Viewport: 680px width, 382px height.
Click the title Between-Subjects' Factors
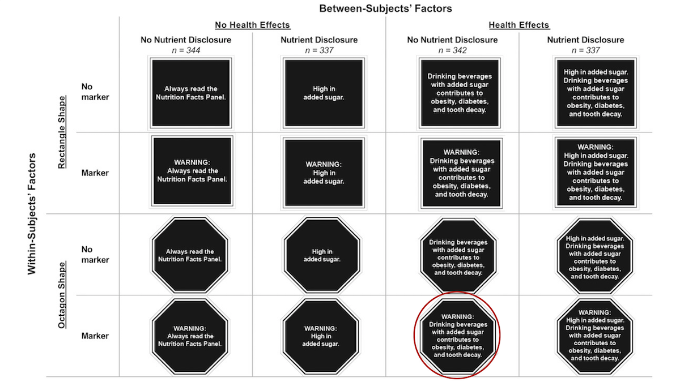pyautogui.click(x=385, y=8)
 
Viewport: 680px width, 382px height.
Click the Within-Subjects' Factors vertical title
pyautogui.click(x=32, y=214)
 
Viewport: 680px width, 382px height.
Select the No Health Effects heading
pyautogui.click(x=253, y=25)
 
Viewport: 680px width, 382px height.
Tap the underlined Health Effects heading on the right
pyautogui.click(x=519, y=25)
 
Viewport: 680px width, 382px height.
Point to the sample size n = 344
pyautogui.click(x=186, y=50)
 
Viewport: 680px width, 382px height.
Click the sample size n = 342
pyautogui.click(x=452, y=50)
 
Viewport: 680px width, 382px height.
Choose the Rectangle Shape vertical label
pyautogui.click(x=62, y=132)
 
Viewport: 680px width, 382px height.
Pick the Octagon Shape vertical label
pyautogui.click(x=62, y=295)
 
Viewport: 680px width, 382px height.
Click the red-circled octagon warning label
pyautogui.click(x=458, y=336)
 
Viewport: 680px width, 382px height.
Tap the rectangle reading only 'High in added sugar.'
pyautogui.click(x=324, y=93)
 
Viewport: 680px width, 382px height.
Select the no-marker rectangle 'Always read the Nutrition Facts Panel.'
pyautogui.click(x=191, y=93)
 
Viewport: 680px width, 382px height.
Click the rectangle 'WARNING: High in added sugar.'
pyautogui.click(x=324, y=173)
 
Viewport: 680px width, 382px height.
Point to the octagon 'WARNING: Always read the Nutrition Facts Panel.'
pyautogui.click(x=190, y=336)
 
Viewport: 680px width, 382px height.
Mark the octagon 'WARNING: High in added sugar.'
pyautogui.click(x=321, y=336)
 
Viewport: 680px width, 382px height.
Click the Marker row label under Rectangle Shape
pyautogui.click(x=95, y=173)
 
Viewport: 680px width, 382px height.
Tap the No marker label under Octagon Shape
pyautogui.click(x=95, y=255)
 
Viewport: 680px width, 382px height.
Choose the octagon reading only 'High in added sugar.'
pyautogui.click(x=322, y=255)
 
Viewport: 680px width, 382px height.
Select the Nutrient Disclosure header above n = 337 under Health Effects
pyautogui.click(x=585, y=40)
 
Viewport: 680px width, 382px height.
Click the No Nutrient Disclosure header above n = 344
pyautogui.click(x=186, y=40)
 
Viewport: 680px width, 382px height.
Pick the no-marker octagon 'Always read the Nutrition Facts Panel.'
pyautogui.click(x=190, y=255)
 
